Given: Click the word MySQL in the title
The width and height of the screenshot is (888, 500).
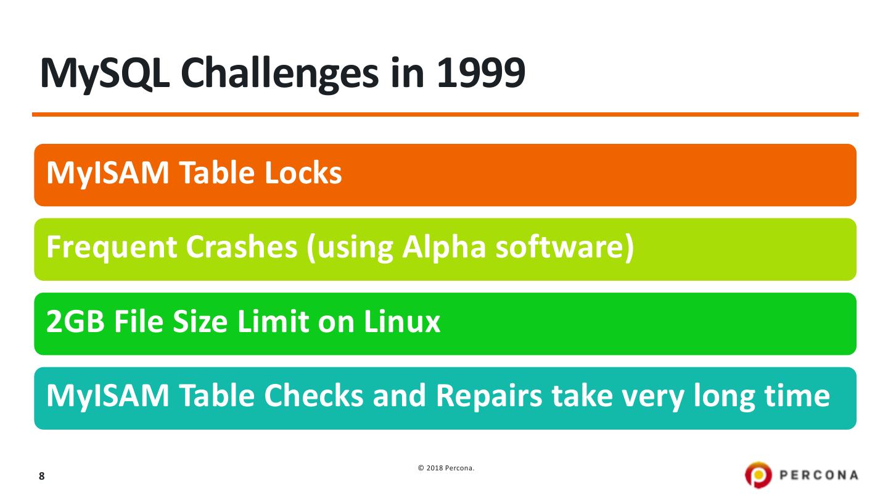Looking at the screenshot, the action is click(x=105, y=75).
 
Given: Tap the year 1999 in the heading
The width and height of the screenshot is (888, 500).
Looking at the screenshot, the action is click(x=481, y=73).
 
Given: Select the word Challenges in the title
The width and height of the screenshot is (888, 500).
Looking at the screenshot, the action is click(x=280, y=75).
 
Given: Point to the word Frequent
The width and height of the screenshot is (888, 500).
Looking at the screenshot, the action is click(x=112, y=248).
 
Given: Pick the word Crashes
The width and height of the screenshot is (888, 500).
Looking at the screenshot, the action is click(x=242, y=247).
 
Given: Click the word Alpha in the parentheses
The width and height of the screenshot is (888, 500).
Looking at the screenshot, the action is click(x=444, y=248).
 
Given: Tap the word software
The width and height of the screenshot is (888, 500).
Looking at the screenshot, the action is click(x=561, y=247).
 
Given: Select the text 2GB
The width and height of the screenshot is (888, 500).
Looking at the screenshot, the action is click(x=75, y=321).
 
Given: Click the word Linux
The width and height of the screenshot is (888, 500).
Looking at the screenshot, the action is click(x=402, y=321).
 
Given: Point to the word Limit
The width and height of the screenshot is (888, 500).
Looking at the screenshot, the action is click(x=273, y=321).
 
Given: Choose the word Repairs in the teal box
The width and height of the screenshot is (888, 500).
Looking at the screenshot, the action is click(x=489, y=397).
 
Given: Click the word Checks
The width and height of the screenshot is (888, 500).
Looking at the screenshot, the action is click(x=313, y=396).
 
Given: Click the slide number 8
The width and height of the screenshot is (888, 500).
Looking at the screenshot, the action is click(x=42, y=476).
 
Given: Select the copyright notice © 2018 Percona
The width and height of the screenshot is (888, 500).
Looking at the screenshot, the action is click(x=446, y=468).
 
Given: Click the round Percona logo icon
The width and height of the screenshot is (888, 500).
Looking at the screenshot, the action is click(x=758, y=475).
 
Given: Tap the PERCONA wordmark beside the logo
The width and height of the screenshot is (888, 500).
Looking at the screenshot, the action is click(x=819, y=475).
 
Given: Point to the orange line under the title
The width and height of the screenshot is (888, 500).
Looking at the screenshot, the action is click(x=445, y=115).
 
